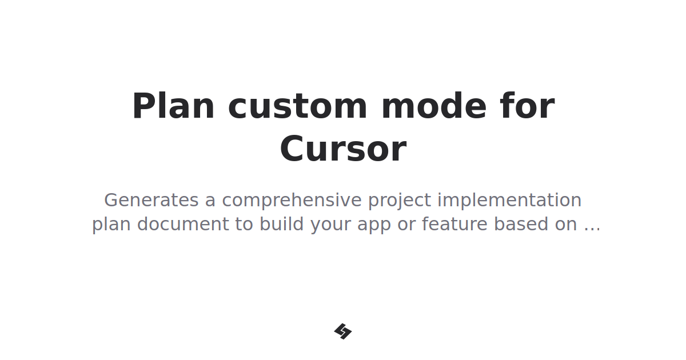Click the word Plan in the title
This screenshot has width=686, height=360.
click(173, 106)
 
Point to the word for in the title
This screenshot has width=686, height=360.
click(527, 106)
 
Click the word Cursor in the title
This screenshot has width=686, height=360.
click(343, 149)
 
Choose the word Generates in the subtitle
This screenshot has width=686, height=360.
click(151, 201)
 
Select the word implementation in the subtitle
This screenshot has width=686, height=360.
click(509, 201)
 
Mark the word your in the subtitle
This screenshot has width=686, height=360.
click(332, 225)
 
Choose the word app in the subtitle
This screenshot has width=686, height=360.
click(374, 225)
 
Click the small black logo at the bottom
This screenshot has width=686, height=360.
click(343, 331)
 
